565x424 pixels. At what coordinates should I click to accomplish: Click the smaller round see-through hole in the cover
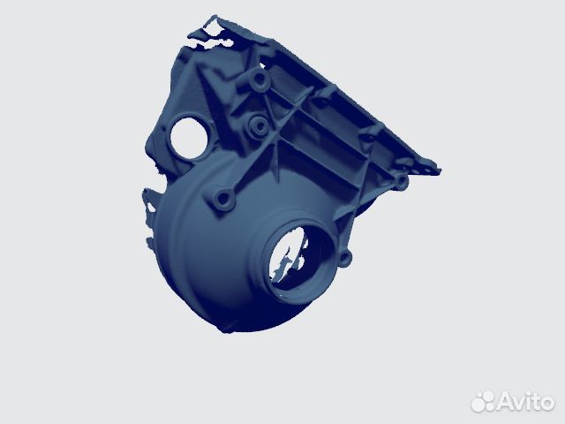pos(187,137)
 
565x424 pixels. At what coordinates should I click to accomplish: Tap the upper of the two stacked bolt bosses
pos(260,82)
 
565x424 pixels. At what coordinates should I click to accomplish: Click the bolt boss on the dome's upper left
pos(221,199)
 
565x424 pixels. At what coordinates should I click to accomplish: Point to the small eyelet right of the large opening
pos(344,258)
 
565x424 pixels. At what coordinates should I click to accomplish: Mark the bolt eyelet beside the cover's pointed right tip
pos(402,181)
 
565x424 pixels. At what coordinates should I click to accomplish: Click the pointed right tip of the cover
pos(438,169)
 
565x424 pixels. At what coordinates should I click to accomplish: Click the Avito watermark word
pos(525,401)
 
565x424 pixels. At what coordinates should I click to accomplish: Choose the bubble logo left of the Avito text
pos(485,401)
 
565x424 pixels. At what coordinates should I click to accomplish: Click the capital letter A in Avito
pos(507,402)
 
